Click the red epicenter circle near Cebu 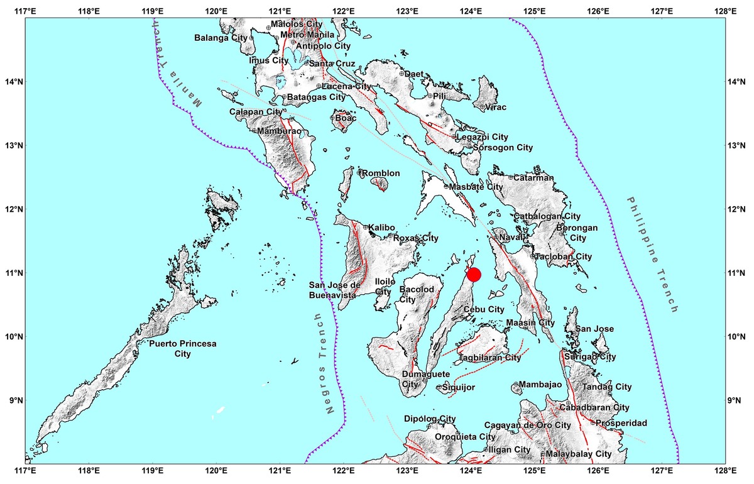click(474, 275)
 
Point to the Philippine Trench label click(652, 254)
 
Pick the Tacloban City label click(564, 256)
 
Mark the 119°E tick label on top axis click(153, 11)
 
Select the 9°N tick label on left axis click(12, 400)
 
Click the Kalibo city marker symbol click(365, 227)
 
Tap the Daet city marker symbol click(401, 74)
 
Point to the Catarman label click(534, 178)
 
